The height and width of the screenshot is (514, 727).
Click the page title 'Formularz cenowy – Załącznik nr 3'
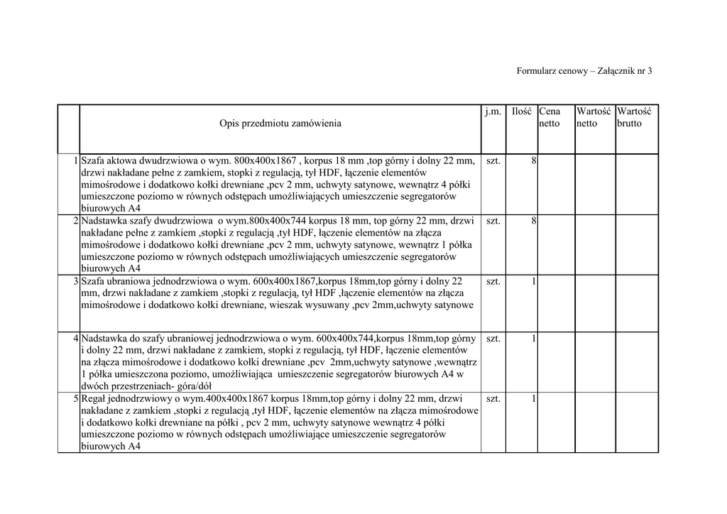click(x=584, y=71)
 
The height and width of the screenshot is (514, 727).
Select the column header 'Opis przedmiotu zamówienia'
click(x=280, y=124)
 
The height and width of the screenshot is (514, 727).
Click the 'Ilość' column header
click(x=522, y=111)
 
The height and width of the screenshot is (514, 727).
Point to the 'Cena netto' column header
click(x=550, y=117)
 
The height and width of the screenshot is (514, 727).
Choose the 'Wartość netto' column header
click(x=594, y=117)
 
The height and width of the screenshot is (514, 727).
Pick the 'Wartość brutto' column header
click(x=634, y=117)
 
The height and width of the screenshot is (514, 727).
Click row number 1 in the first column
click(x=75, y=161)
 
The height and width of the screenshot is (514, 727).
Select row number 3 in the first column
click(x=75, y=282)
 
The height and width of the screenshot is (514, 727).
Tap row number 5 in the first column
click(x=75, y=399)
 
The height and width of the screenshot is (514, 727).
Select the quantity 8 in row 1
click(x=533, y=161)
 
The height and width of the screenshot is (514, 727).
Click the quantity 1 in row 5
click(x=533, y=399)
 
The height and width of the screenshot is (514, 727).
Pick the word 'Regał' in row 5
click(x=94, y=399)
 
